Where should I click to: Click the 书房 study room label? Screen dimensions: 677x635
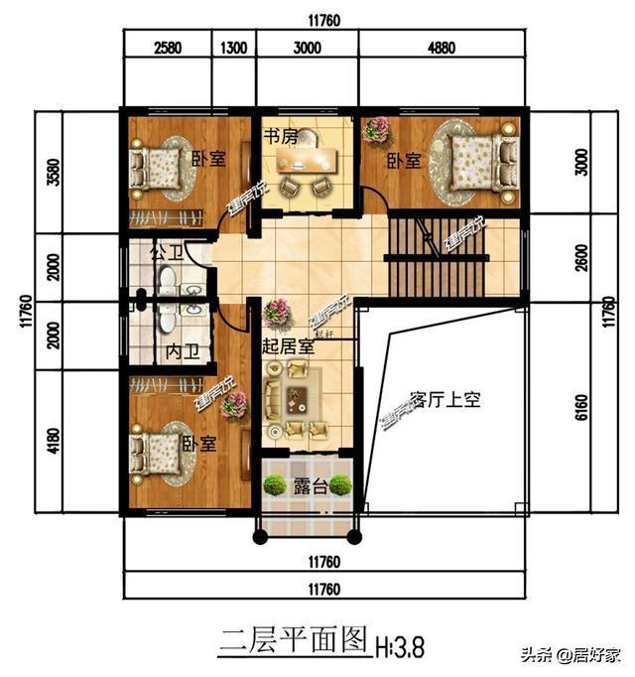[x=280, y=137]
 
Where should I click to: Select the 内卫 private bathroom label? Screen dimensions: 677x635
[x=181, y=350]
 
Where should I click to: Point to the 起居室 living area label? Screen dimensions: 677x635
[x=288, y=346]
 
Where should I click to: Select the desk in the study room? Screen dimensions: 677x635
[x=308, y=159]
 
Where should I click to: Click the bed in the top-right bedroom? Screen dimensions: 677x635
[x=479, y=162]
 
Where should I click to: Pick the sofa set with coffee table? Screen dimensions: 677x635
[x=296, y=399]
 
